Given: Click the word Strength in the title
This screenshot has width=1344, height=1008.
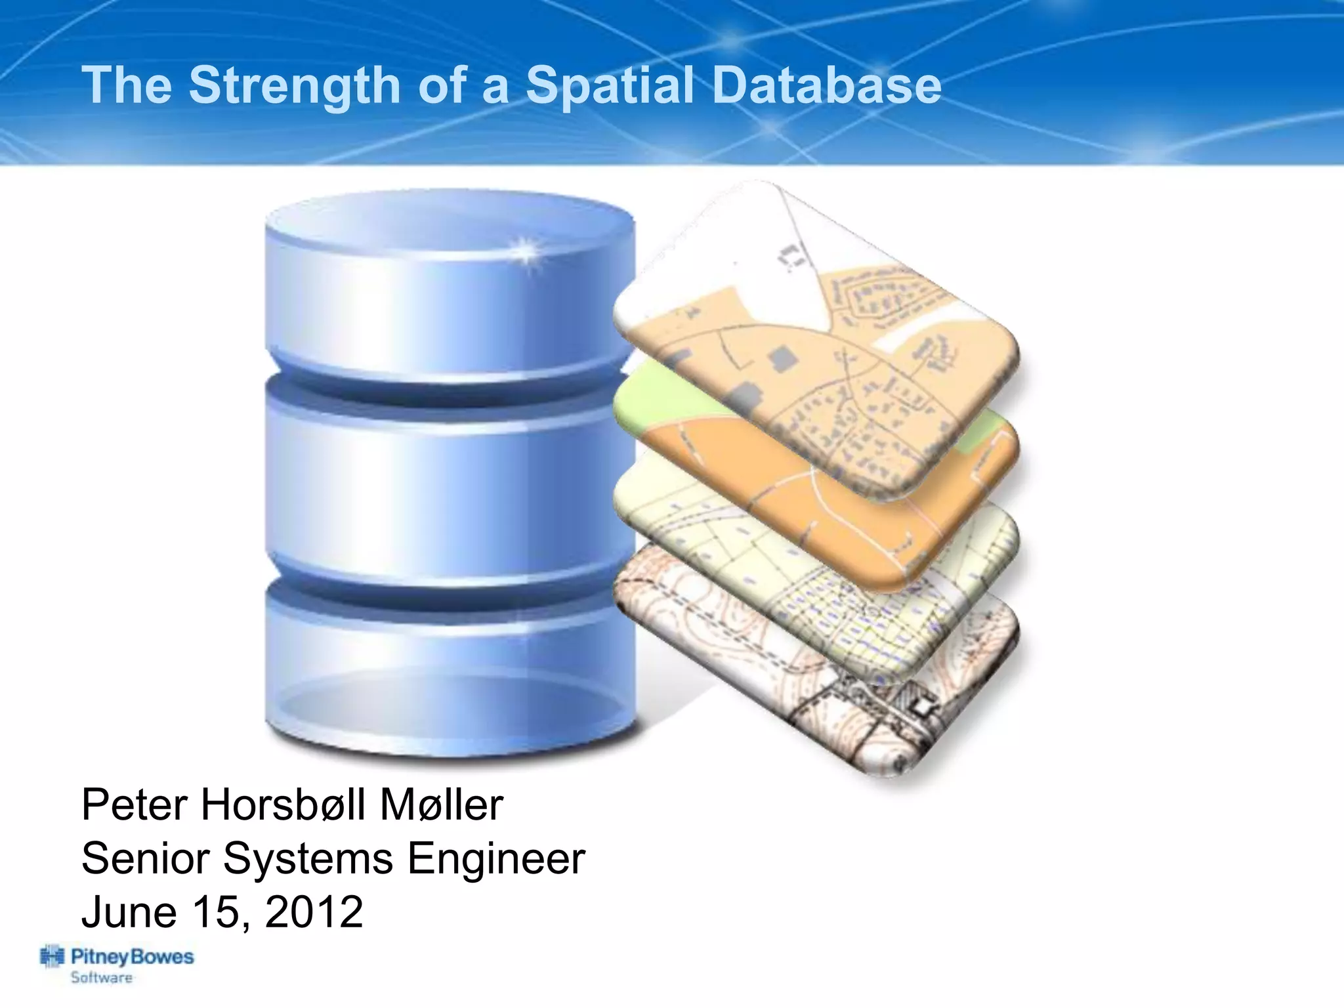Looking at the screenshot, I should pyautogui.click(x=294, y=85).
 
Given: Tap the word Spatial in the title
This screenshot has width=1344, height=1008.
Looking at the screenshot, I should pyautogui.click(x=610, y=85).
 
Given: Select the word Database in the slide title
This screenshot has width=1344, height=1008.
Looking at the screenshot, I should pyautogui.click(x=826, y=85).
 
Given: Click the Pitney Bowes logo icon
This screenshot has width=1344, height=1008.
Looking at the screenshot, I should pyautogui.click(x=52, y=957).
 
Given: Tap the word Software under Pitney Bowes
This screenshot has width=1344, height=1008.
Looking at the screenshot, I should pyautogui.click(x=102, y=978).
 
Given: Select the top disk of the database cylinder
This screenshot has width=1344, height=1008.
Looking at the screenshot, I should pyautogui.click(x=450, y=289).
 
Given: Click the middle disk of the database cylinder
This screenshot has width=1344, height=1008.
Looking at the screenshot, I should pyautogui.click(x=450, y=486).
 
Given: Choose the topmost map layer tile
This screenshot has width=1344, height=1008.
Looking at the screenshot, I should pyautogui.click(x=820, y=328).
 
